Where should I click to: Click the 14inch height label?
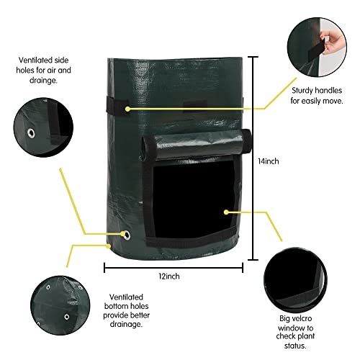pyautogui.click(x=269, y=161)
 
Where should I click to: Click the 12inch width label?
pyautogui.click(x=169, y=276)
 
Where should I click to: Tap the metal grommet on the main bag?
pyautogui.click(x=126, y=235)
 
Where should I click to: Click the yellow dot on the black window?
pyautogui.click(x=226, y=212)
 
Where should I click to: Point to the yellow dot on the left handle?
pyautogui.click(x=127, y=109)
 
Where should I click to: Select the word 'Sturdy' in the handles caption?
pyautogui.click(x=302, y=91)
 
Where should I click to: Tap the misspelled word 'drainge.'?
pyautogui.click(x=43, y=81)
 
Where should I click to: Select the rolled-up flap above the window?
pyautogui.click(x=196, y=145)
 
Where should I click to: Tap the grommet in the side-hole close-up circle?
pyautogui.click(x=31, y=133)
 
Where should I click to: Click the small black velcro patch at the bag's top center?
pyautogui.click(x=195, y=105)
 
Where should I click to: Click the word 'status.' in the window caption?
pyautogui.click(x=295, y=346)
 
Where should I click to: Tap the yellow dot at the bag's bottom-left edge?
pyautogui.click(x=109, y=246)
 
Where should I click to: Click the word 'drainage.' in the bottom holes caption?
pyautogui.click(x=126, y=324)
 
